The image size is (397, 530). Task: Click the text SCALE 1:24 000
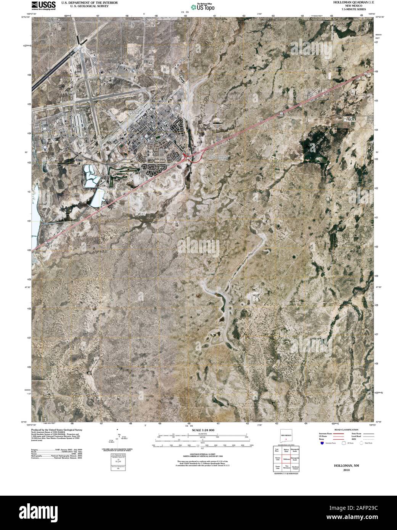pos(203,430)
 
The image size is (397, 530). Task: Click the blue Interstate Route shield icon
pos(322,443)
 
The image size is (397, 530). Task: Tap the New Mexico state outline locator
pos(286,436)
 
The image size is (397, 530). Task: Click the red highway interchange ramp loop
pos(189,159)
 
